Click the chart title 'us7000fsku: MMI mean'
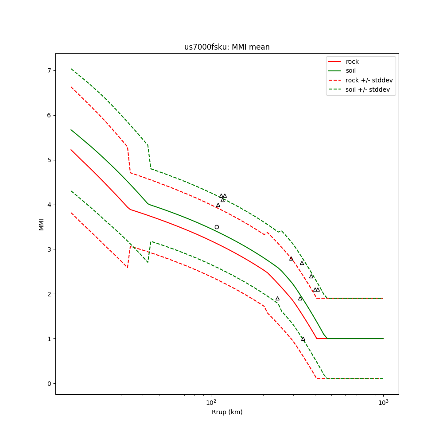pyautogui.click(x=227, y=47)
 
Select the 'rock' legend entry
pyautogui.click(x=352, y=62)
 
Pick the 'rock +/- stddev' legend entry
pyautogui.click(x=369, y=80)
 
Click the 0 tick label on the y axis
pyautogui.click(x=50, y=383)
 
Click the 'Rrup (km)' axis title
pyautogui.click(x=227, y=412)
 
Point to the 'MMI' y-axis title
pyautogui.click(x=41, y=224)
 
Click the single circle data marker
pyautogui.click(x=217, y=227)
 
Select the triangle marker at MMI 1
pyautogui.click(x=303, y=339)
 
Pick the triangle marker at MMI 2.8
pyautogui.click(x=291, y=258)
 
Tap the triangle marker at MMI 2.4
pyautogui.click(x=311, y=276)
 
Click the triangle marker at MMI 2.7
pyautogui.click(x=302, y=263)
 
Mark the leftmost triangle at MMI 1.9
pyautogui.click(x=277, y=299)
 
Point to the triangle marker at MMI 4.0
pyautogui.click(x=218, y=205)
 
